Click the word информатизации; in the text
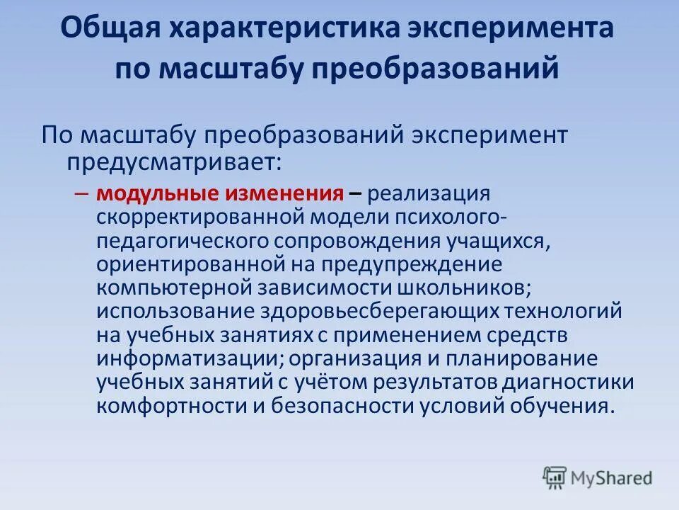pos(187,358)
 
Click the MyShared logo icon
pos(555,477)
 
